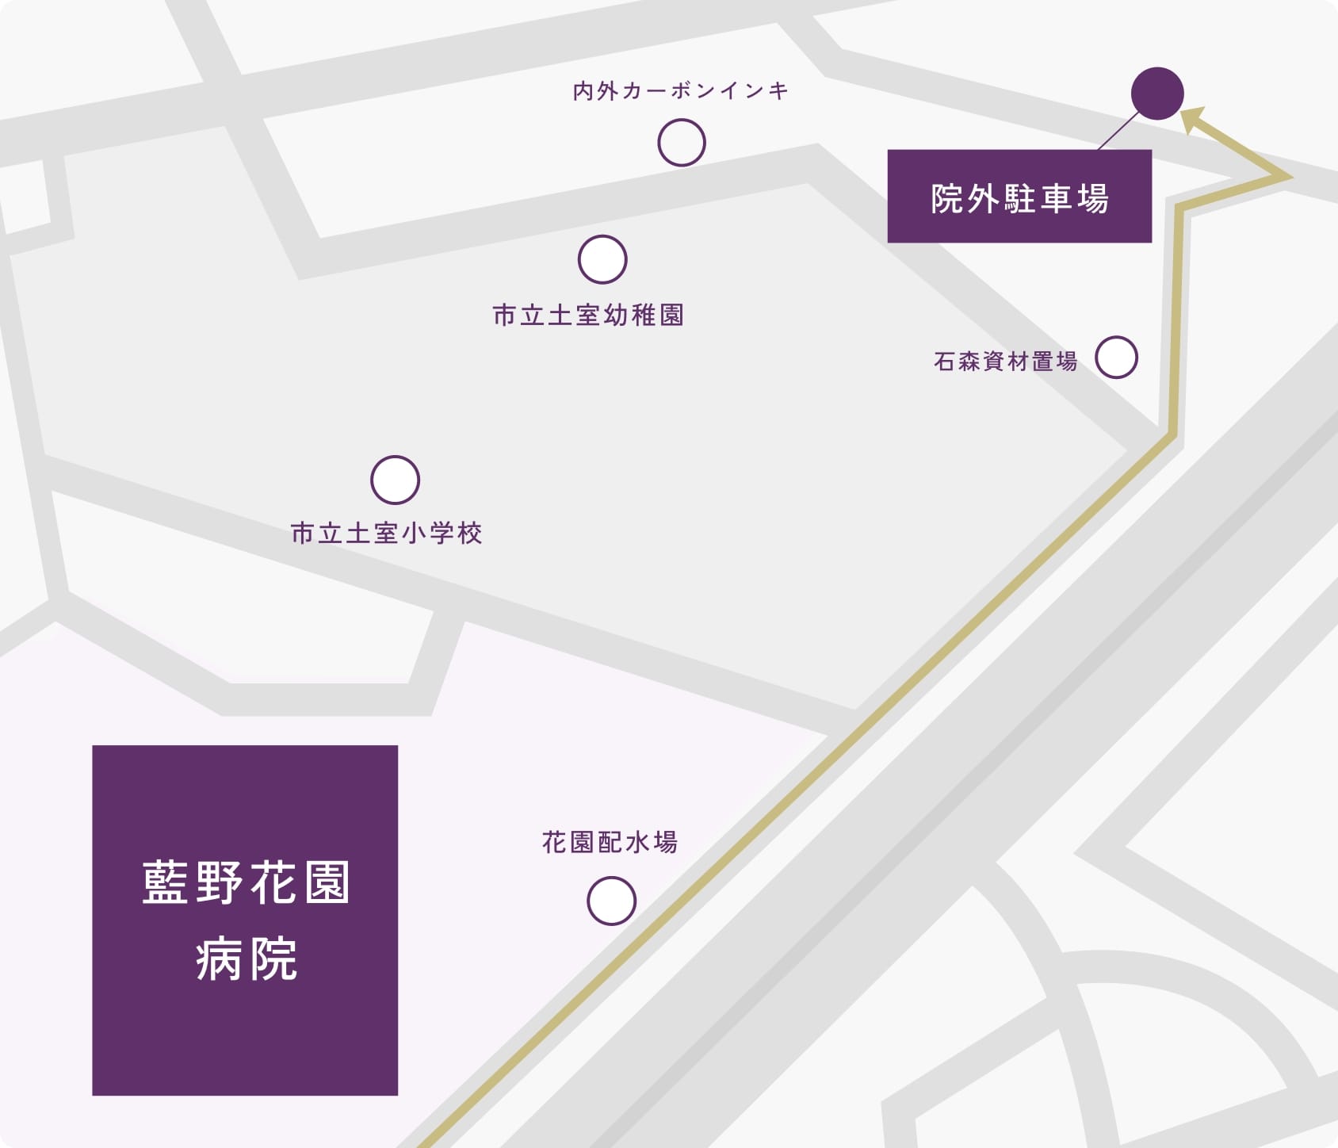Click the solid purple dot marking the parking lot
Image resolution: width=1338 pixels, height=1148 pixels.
[x=1157, y=94]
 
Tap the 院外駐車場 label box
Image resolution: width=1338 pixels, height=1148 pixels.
[x=1019, y=197]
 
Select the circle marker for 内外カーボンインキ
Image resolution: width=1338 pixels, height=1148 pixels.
[x=682, y=143]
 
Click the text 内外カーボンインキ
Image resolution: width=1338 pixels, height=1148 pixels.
[x=680, y=91]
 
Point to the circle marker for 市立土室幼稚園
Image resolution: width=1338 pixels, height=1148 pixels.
[x=602, y=259]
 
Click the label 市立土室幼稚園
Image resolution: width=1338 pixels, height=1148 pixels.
[x=588, y=316]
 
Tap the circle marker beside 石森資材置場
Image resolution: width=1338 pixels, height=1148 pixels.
[x=1116, y=357]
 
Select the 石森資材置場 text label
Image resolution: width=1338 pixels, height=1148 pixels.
[x=1005, y=362]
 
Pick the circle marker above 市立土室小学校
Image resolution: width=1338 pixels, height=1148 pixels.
[x=395, y=480]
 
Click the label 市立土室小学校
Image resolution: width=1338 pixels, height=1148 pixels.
[x=387, y=533]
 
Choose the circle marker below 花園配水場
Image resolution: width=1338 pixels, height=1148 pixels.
[x=611, y=901]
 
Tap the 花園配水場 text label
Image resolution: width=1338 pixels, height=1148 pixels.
[x=610, y=842]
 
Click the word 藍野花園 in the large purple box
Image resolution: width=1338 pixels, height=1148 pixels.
[x=246, y=882]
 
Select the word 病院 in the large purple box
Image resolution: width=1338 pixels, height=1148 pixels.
[x=246, y=959]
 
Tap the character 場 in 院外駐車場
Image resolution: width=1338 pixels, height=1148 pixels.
[x=1092, y=198]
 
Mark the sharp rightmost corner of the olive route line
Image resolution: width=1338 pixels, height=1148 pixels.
[x=1288, y=177]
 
